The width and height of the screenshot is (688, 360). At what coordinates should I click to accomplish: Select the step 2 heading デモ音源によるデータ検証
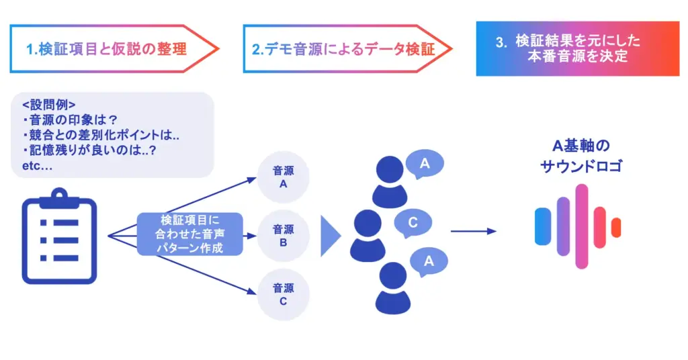click(343, 49)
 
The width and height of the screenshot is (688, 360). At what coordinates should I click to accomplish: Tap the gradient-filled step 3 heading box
click(578, 48)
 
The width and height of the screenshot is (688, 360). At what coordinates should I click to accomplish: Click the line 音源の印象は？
click(74, 120)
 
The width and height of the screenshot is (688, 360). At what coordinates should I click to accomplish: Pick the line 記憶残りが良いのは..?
click(94, 150)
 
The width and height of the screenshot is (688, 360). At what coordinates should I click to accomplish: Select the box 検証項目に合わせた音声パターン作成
click(191, 233)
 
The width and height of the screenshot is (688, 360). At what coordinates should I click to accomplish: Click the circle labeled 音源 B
click(283, 235)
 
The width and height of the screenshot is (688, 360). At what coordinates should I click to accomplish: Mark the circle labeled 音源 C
click(283, 294)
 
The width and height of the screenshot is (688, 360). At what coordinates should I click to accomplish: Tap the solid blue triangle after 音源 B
click(330, 236)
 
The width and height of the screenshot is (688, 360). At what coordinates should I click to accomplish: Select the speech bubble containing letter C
click(413, 223)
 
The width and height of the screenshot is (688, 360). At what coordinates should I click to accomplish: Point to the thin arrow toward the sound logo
click(473, 231)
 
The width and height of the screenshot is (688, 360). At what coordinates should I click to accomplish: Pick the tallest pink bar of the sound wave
click(582, 226)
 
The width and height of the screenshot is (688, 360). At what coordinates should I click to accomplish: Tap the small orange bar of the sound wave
click(616, 228)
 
